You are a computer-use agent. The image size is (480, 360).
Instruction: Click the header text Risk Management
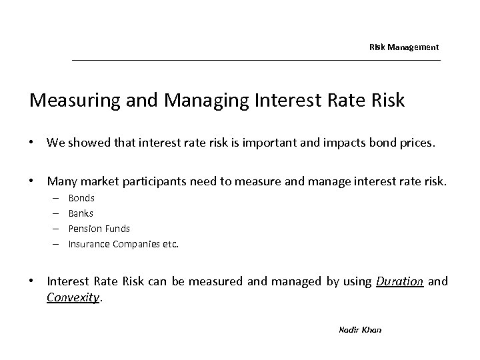pyautogui.click(x=404, y=47)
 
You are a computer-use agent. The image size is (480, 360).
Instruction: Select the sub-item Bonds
pyautogui.click(x=81, y=198)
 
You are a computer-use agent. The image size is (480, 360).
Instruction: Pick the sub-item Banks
pyautogui.click(x=81, y=213)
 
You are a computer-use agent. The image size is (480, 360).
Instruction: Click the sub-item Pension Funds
pyautogui.click(x=99, y=229)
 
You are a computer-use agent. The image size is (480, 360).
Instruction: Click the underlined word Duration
pyautogui.click(x=399, y=281)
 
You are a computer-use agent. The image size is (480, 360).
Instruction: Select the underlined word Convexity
pyautogui.click(x=73, y=297)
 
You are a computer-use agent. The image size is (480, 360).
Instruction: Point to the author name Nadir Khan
pyautogui.click(x=360, y=330)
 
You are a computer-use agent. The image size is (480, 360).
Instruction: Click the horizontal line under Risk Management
pyautogui.click(x=256, y=61)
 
